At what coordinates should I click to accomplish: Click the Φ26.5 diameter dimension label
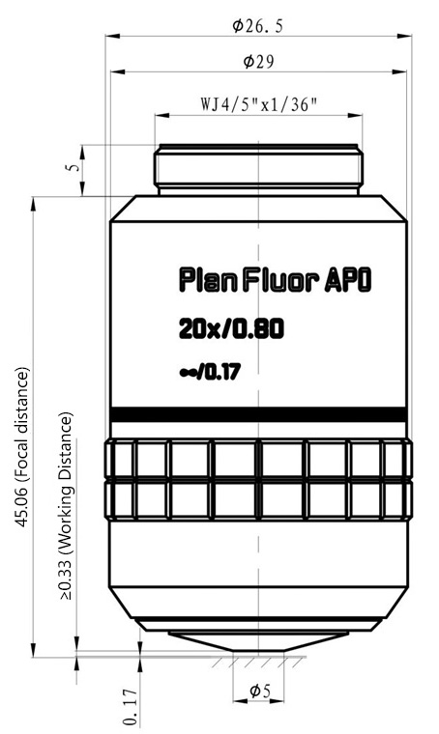[x=258, y=26]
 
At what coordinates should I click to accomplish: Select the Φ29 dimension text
[x=258, y=61]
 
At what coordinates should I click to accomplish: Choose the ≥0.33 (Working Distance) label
[x=66, y=506]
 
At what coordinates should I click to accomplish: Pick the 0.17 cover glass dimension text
[x=131, y=706]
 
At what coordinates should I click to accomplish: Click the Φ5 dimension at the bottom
[x=260, y=691]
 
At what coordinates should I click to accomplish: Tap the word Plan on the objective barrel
[x=209, y=280]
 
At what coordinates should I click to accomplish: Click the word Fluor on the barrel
[x=282, y=281]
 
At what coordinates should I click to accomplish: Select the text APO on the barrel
[x=348, y=281]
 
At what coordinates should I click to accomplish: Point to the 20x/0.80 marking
[x=231, y=329]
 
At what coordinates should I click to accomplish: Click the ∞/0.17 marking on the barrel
[x=210, y=372]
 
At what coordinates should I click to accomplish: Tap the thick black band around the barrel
[x=258, y=414]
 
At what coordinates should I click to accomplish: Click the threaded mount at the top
[x=258, y=169]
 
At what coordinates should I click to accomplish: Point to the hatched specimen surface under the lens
[x=256, y=661]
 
